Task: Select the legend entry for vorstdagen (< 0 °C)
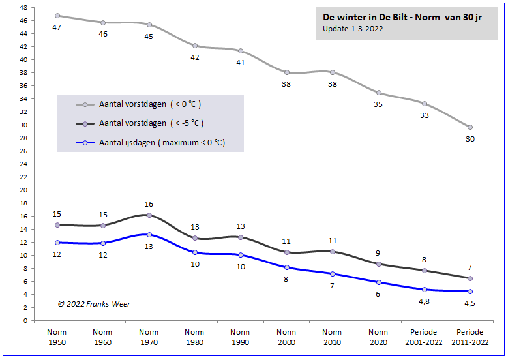[x=150, y=104]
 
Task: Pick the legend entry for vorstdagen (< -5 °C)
[x=151, y=123]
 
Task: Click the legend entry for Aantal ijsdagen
[x=162, y=143]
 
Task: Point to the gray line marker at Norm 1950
[x=57, y=16]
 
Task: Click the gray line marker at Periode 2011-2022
[x=470, y=127]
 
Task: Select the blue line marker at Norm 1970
[x=149, y=235]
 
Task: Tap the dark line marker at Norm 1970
[x=149, y=215]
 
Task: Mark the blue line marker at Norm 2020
[x=378, y=282]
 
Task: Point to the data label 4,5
[x=470, y=303]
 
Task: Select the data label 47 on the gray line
[x=57, y=27]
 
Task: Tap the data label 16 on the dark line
[x=149, y=204]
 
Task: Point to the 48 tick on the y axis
[x=23, y=7]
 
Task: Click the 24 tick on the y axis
[x=23, y=164]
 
